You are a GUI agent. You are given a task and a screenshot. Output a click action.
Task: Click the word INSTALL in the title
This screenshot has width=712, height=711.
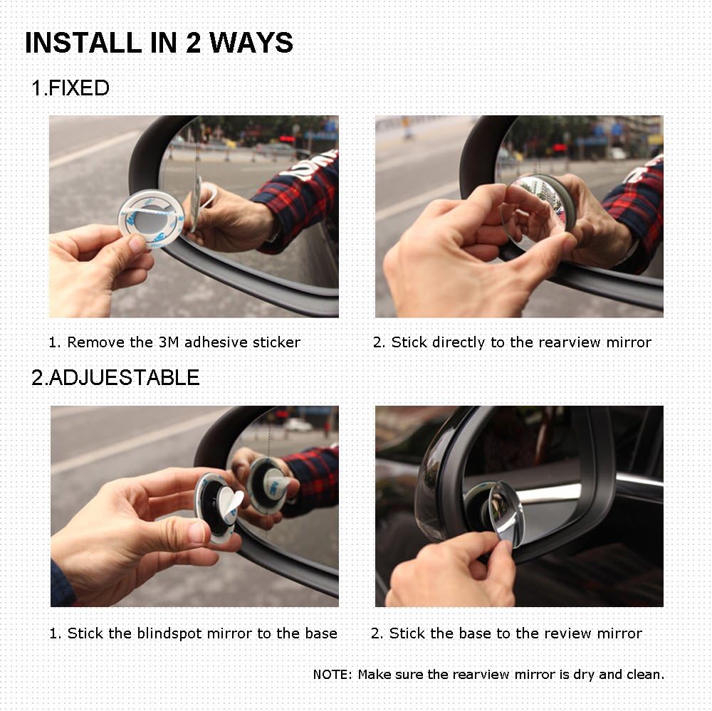(x=74, y=43)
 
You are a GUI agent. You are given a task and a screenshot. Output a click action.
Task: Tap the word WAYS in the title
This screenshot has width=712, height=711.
(x=252, y=43)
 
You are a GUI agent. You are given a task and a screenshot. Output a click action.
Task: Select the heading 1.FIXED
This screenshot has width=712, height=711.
(x=70, y=89)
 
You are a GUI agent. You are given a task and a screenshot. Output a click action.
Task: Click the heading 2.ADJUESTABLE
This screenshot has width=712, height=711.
(x=115, y=377)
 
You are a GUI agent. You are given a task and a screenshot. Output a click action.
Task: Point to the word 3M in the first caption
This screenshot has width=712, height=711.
(x=169, y=342)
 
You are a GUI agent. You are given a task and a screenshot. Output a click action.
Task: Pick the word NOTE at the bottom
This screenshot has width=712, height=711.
(x=332, y=675)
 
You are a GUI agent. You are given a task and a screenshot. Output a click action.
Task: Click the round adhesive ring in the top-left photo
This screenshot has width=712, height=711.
(x=150, y=217)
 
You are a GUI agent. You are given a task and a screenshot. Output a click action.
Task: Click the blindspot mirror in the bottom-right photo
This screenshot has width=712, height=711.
(x=504, y=512)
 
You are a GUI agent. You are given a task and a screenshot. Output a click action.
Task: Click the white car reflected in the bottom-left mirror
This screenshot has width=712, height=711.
(x=298, y=425)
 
